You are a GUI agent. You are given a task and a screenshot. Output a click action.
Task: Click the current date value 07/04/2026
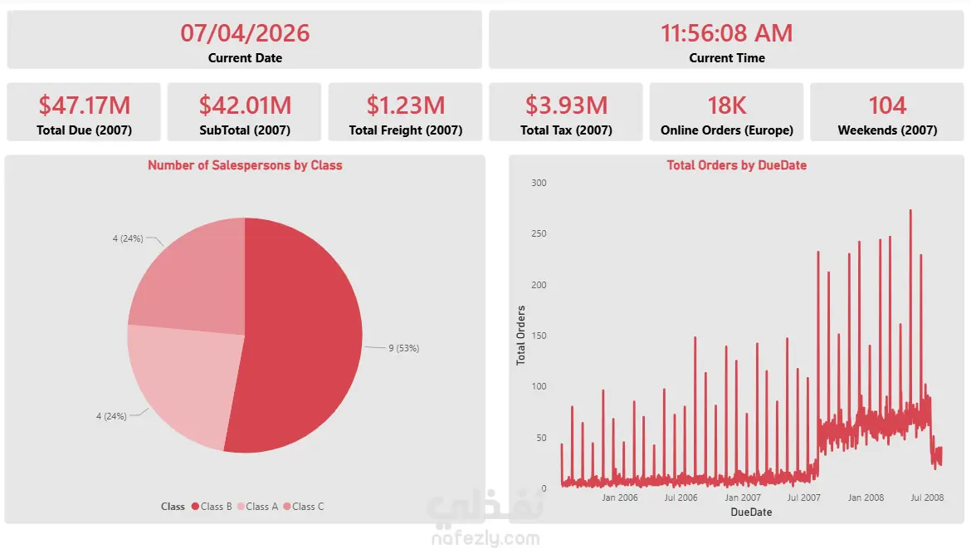pyautogui.click(x=245, y=33)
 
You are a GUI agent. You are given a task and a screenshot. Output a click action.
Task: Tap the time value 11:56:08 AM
pyautogui.click(x=726, y=33)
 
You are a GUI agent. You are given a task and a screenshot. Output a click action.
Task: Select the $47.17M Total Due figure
pyautogui.click(x=84, y=105)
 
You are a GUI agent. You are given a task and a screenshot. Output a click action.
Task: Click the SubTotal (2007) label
pyautogui.click(x=245, y=130)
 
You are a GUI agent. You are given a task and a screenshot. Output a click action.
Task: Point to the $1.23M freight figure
pyautogui.click(x=406, y=105)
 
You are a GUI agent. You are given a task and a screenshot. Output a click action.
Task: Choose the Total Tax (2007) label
pyautogui.click(x=566, y=130)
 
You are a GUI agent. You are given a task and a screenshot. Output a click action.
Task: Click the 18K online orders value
pyautogui.click(x=726, y=105)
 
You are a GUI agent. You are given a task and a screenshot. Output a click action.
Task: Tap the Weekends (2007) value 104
pyautogui.click(x=887, y=105)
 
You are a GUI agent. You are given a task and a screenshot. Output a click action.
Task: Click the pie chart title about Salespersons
pyautogui.click(x=245, y=165)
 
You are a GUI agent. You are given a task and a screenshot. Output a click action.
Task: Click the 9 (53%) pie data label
pyautogui.click(x=404, y=348)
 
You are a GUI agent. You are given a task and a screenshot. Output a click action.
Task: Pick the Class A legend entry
pyautogui.click(x=257, y=507)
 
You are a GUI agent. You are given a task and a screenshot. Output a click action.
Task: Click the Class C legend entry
pyautogui.click(x=304, y=507)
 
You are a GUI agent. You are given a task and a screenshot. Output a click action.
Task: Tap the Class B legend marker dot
pyautogui.click(x=195, y=507)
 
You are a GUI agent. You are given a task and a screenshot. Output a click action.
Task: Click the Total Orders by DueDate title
pyautogui.click(x=736, y=165)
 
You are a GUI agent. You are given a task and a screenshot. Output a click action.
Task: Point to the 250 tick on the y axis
pyautogui.click(x=539, y=233)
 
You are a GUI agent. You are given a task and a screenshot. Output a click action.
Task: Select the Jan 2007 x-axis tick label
pyautogui.click(x=743, y=498)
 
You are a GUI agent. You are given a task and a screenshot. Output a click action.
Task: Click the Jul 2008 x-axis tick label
pyautogui.click(x=927, y=498)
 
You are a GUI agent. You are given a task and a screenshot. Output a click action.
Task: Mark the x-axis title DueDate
pyautogui.click(x=751, y=512)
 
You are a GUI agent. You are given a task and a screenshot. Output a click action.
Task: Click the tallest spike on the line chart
pyautogui.click(x=910, y=211)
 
